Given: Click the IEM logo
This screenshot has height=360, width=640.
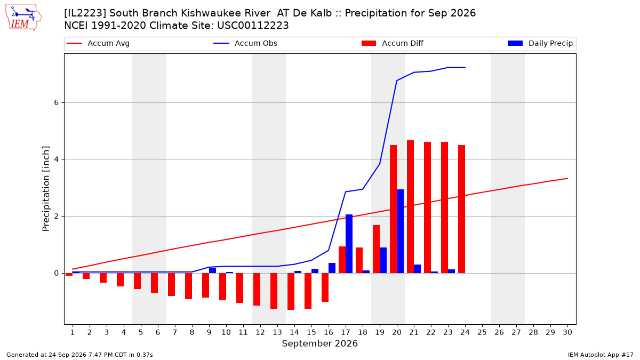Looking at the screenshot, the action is pyautogui.click(x=23, y=18).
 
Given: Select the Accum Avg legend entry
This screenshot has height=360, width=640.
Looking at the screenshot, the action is pyautogui.click(x=98, y=43).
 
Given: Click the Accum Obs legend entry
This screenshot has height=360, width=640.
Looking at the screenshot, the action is pyautogui.click(x=245, y=43).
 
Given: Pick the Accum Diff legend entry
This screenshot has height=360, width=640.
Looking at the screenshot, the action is pyautogui.click(x=393, y=43).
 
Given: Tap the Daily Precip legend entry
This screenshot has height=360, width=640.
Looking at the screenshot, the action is pyautogui.click(x=540, y=43).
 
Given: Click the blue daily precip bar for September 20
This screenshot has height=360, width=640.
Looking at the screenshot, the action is pyautogui.click(x=401, y=231).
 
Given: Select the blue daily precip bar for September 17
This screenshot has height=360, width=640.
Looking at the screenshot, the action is pyautogui.click(x=349, y=244).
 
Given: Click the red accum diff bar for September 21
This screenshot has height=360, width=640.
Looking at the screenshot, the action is pyautogui.click(x=410, y=207).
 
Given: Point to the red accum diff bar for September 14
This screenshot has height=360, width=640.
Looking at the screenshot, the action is pyautogui.click(x=291, y=291).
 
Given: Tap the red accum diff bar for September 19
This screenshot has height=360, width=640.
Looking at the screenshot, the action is pyautogui.click(x=377, y=249).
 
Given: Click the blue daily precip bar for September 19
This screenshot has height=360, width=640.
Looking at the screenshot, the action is pyautogui.click(x=383, y=260).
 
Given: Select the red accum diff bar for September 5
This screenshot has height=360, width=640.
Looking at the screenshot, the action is pyautogui.click(x=137, y=281).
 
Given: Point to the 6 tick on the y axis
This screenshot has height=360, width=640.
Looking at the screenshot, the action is pyautogui.click(x=57, y=102).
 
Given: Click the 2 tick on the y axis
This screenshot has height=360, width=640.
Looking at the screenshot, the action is pyautogui.click(x=57, y=217).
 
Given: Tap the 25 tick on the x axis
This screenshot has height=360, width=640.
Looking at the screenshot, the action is pyautogui.click(x=482, y=332).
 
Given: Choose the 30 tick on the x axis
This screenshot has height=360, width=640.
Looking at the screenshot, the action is pyautogui.click(x=567, y=332).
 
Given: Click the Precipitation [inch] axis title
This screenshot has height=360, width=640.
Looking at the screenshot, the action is pyautogui.click(x=46, y=189).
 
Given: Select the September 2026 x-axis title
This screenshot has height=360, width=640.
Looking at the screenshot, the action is pyautogui.click(x=319, y=343).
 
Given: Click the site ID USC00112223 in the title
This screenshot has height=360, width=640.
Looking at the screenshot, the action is pyautogui.click(x=253, y=26).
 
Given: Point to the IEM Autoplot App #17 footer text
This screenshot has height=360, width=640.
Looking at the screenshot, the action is pyautogui.click(x=601, y=355).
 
